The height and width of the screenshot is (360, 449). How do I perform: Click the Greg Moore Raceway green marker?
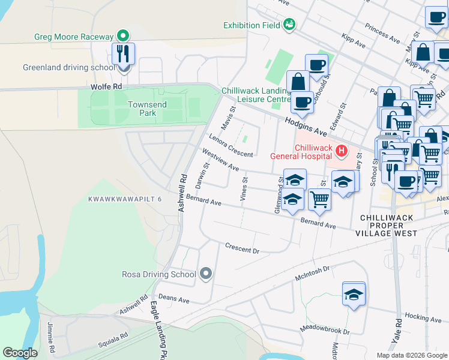[x=123, y=35]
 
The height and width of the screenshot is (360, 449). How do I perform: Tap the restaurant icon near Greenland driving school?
[x=123, y=54]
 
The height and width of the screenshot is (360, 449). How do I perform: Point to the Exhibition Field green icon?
[x=289, y=25]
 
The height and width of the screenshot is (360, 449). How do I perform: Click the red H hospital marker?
[x=342, y=151]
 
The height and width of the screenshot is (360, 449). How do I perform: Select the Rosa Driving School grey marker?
[x=206, y=274]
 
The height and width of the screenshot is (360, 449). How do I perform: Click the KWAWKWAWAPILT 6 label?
[x=125, y=199]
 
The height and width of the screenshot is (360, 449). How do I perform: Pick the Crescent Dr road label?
[x=242, y=248]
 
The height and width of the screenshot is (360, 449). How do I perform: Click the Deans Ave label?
[x=174, y=300]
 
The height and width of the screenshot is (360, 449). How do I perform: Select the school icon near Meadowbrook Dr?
[x=354, y=294]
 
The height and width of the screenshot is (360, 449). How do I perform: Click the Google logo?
[x=20, y=353]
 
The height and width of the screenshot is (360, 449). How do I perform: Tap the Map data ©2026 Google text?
[x=412, y=355]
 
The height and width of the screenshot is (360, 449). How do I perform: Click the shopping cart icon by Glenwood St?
[x=319, y=200]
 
